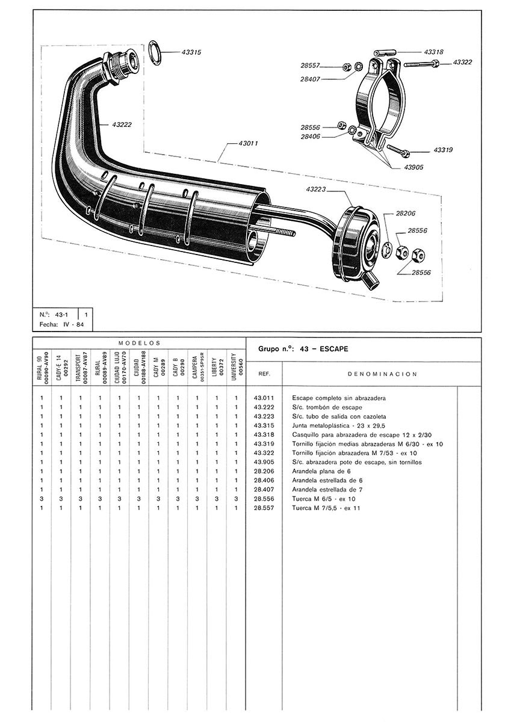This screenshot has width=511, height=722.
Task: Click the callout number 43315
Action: (191, 52)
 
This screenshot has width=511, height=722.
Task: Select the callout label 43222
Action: (122, 125)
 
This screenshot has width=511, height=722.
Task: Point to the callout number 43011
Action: (248, 143)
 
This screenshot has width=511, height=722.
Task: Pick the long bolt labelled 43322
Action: (421, 64)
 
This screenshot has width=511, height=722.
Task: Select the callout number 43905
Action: (413, 167)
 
